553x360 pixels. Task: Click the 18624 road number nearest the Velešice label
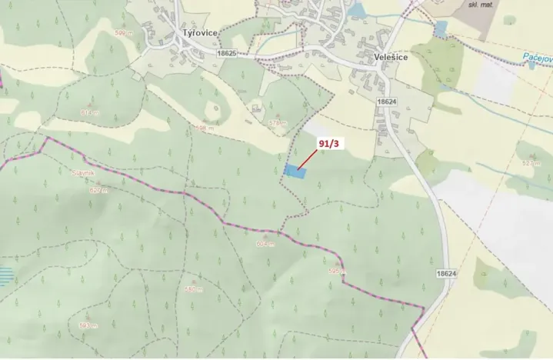point(386,101)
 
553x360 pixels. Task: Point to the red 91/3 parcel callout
point(328,142)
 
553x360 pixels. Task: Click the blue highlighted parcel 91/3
point(294,172)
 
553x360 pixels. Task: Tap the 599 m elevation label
point(122,32)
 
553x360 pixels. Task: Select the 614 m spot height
point(90,112)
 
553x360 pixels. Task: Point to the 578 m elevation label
point(278,122)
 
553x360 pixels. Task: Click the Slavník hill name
point(82,175)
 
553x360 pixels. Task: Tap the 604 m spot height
point(265,243)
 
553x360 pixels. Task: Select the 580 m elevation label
point(193,289)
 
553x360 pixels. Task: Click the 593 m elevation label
point(88,325)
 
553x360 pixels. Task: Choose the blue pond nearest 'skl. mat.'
point(440,29)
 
